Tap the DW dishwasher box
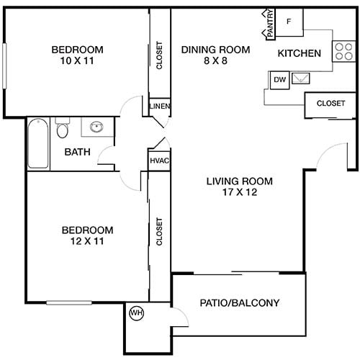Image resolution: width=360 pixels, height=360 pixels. coord(279,80)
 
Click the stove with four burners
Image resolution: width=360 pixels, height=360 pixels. coord(342,50)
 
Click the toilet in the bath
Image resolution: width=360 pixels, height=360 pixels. coord(63,130)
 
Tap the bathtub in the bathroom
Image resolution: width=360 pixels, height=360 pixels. coord(38,143)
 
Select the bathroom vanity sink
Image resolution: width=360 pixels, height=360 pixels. coord(95,128)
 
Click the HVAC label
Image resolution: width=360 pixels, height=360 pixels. coord(159,161)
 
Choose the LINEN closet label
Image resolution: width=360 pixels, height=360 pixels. coord(159,106)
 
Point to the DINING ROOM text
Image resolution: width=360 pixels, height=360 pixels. coord(215,50)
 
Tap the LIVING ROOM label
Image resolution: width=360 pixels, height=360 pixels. coord(231,181)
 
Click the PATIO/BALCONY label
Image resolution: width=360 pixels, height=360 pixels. coord(239,303)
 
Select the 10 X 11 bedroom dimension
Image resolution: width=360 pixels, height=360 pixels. coord(77,61)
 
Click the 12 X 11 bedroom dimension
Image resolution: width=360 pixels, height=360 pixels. coord(87,241)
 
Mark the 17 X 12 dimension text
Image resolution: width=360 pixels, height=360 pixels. coord(231,192)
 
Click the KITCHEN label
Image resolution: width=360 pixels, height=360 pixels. coord(299,53)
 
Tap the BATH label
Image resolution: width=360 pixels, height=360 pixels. coord(76,152)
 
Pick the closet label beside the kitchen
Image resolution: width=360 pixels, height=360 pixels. coord(330,103)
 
